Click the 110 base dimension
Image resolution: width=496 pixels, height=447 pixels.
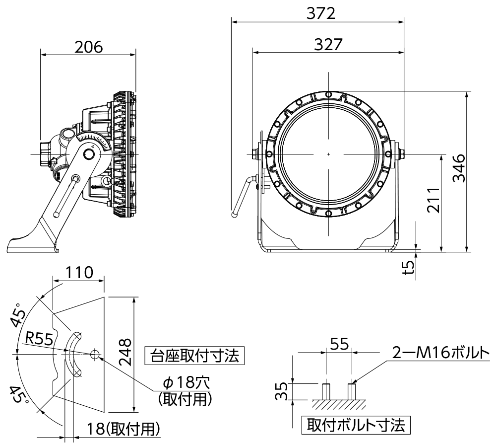[x=79, y=273]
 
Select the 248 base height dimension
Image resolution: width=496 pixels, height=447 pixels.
[x=126, y=352]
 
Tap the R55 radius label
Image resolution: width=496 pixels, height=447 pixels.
[x=39, y=339]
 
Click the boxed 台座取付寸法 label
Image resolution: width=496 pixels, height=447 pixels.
[x=194, y=356]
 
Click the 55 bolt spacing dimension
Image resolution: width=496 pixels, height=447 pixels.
[x=339, y=343]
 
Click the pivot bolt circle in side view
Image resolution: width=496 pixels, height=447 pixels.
[x=90, y=154]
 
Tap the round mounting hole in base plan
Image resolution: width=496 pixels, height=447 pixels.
[x=96, y=354]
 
